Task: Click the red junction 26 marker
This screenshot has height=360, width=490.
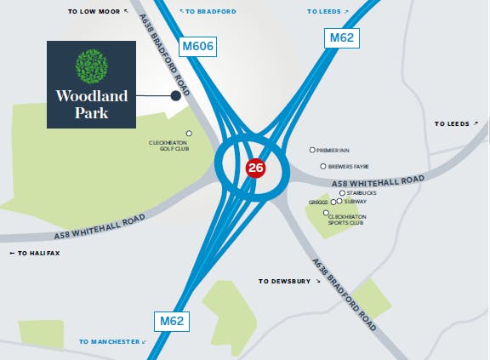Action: click(x=255, y=168)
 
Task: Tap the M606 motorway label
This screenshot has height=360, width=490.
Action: click(x=197, y=46)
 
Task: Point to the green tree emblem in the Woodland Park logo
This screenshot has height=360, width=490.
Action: click(x=92, y=66)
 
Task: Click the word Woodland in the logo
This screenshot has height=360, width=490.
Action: click(x=92, y=96)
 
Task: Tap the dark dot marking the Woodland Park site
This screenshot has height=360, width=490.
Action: click(x=176, y=96)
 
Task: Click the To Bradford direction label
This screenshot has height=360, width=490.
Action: click(x=208, y=12)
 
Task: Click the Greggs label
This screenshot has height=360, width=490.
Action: click(x=319, y=203)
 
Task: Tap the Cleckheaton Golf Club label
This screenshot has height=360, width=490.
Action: click(x=169, y=145)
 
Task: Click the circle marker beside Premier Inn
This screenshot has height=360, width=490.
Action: click(x=313, y=150)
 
